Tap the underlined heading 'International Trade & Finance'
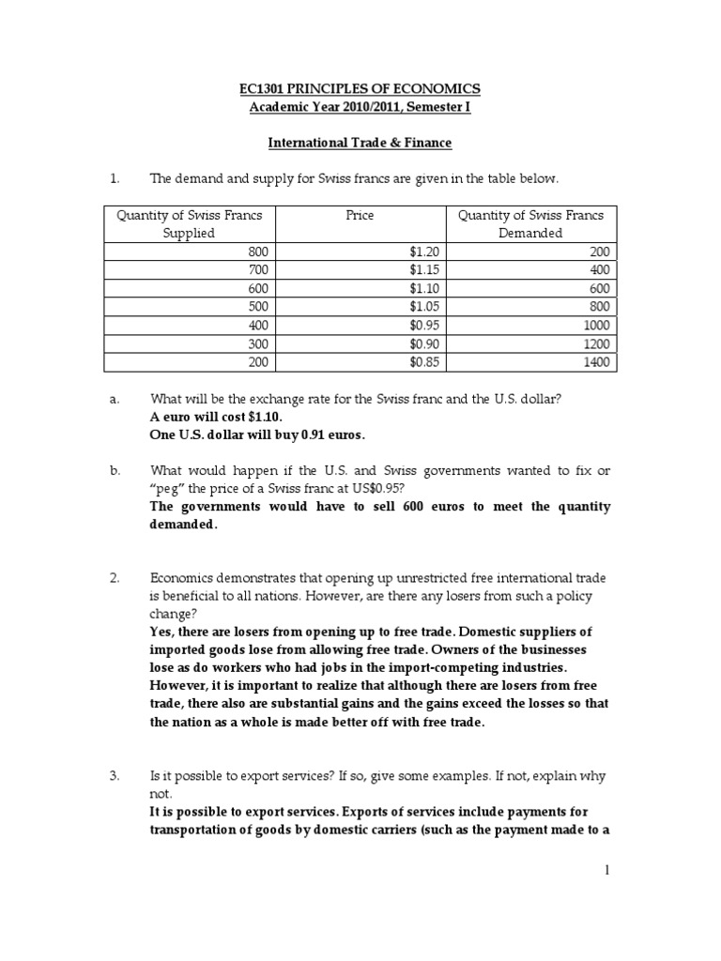360,143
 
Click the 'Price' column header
360,215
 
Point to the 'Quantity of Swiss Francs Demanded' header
530,223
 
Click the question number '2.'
115,579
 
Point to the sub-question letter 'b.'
114,470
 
